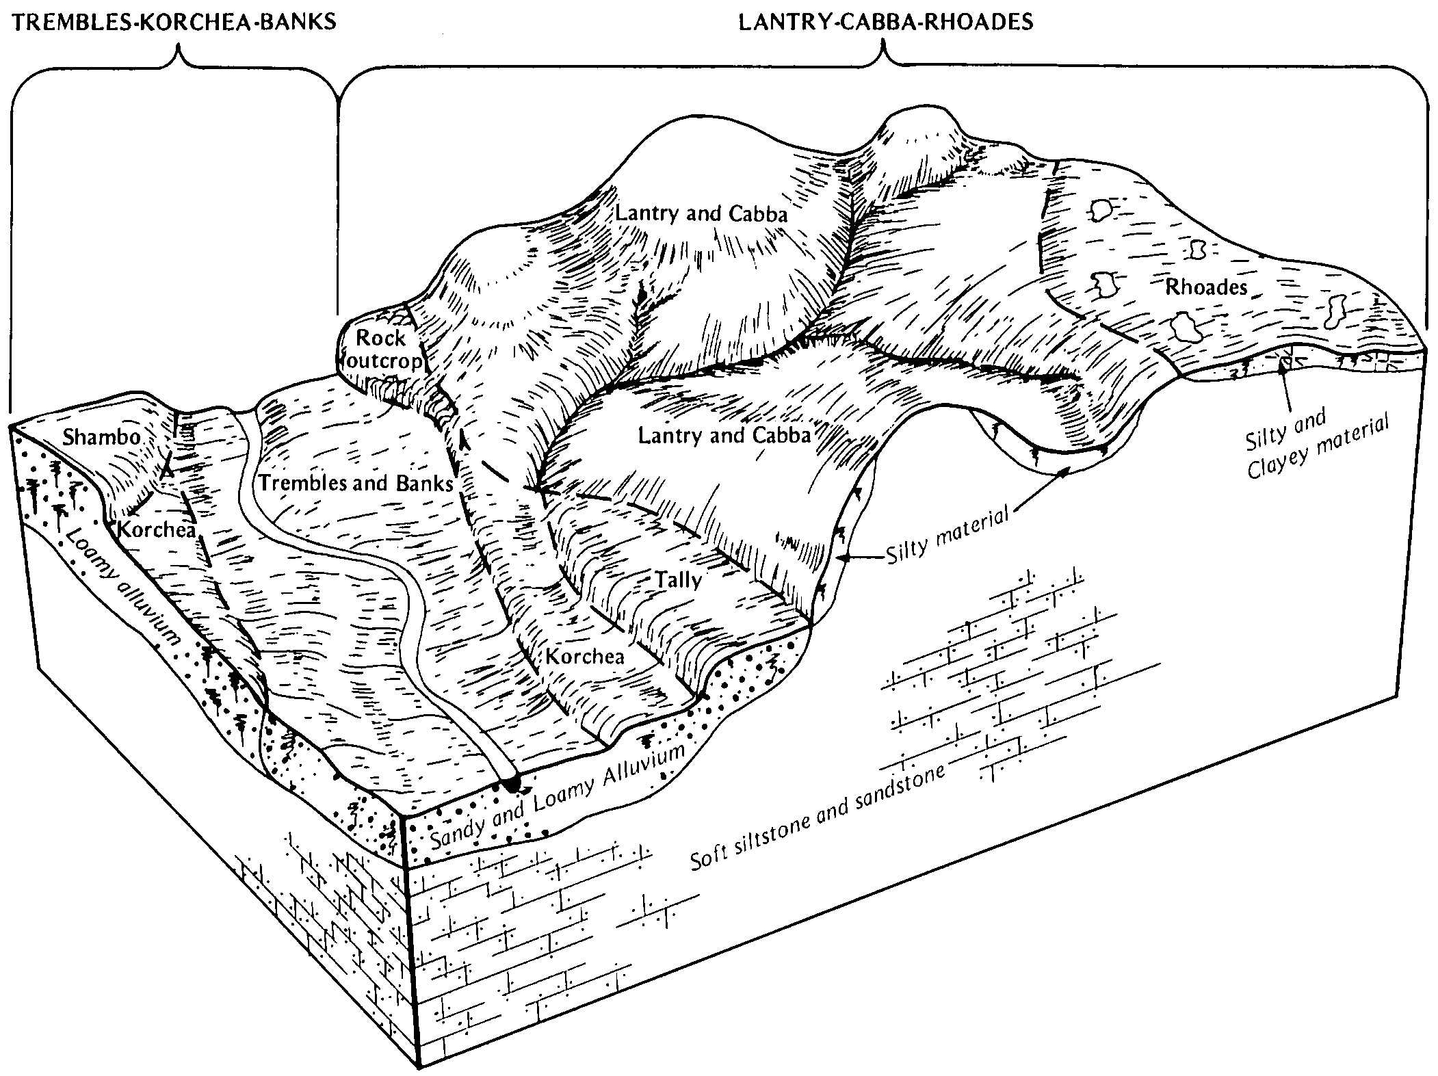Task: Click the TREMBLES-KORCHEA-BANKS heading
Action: point(175,22)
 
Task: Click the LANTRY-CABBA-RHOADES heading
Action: point(886,22)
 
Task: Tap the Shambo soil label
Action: point(101,437)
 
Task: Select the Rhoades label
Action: point(1206,287)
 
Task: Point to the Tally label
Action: point(679,581)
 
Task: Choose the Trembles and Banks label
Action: point(356,484)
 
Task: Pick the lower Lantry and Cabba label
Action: point(724,435)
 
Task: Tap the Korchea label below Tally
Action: point(585,657)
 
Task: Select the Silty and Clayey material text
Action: point(1316,441)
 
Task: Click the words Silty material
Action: point(947,534)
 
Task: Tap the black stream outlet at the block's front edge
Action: point(512,784)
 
